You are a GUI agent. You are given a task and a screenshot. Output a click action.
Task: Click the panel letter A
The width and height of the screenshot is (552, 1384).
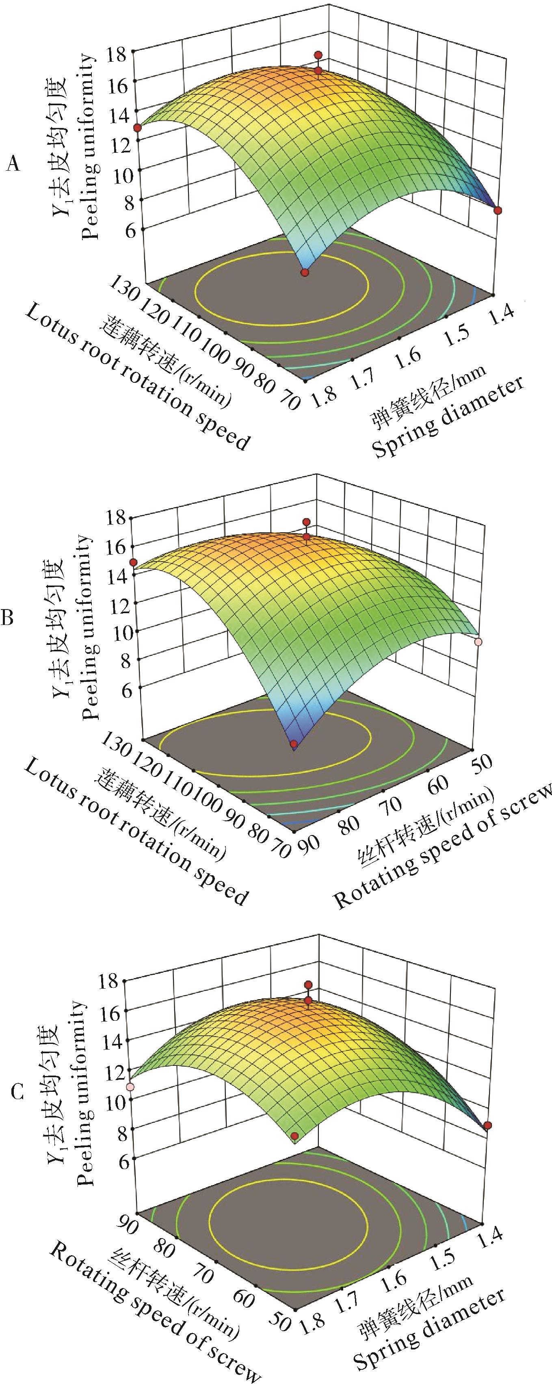13,164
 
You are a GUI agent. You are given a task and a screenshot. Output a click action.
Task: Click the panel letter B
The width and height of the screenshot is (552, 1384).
8,619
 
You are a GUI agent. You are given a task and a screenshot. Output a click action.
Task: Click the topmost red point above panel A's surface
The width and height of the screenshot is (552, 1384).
318,55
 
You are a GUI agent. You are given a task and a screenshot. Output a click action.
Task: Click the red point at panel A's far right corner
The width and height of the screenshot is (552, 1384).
498,210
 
